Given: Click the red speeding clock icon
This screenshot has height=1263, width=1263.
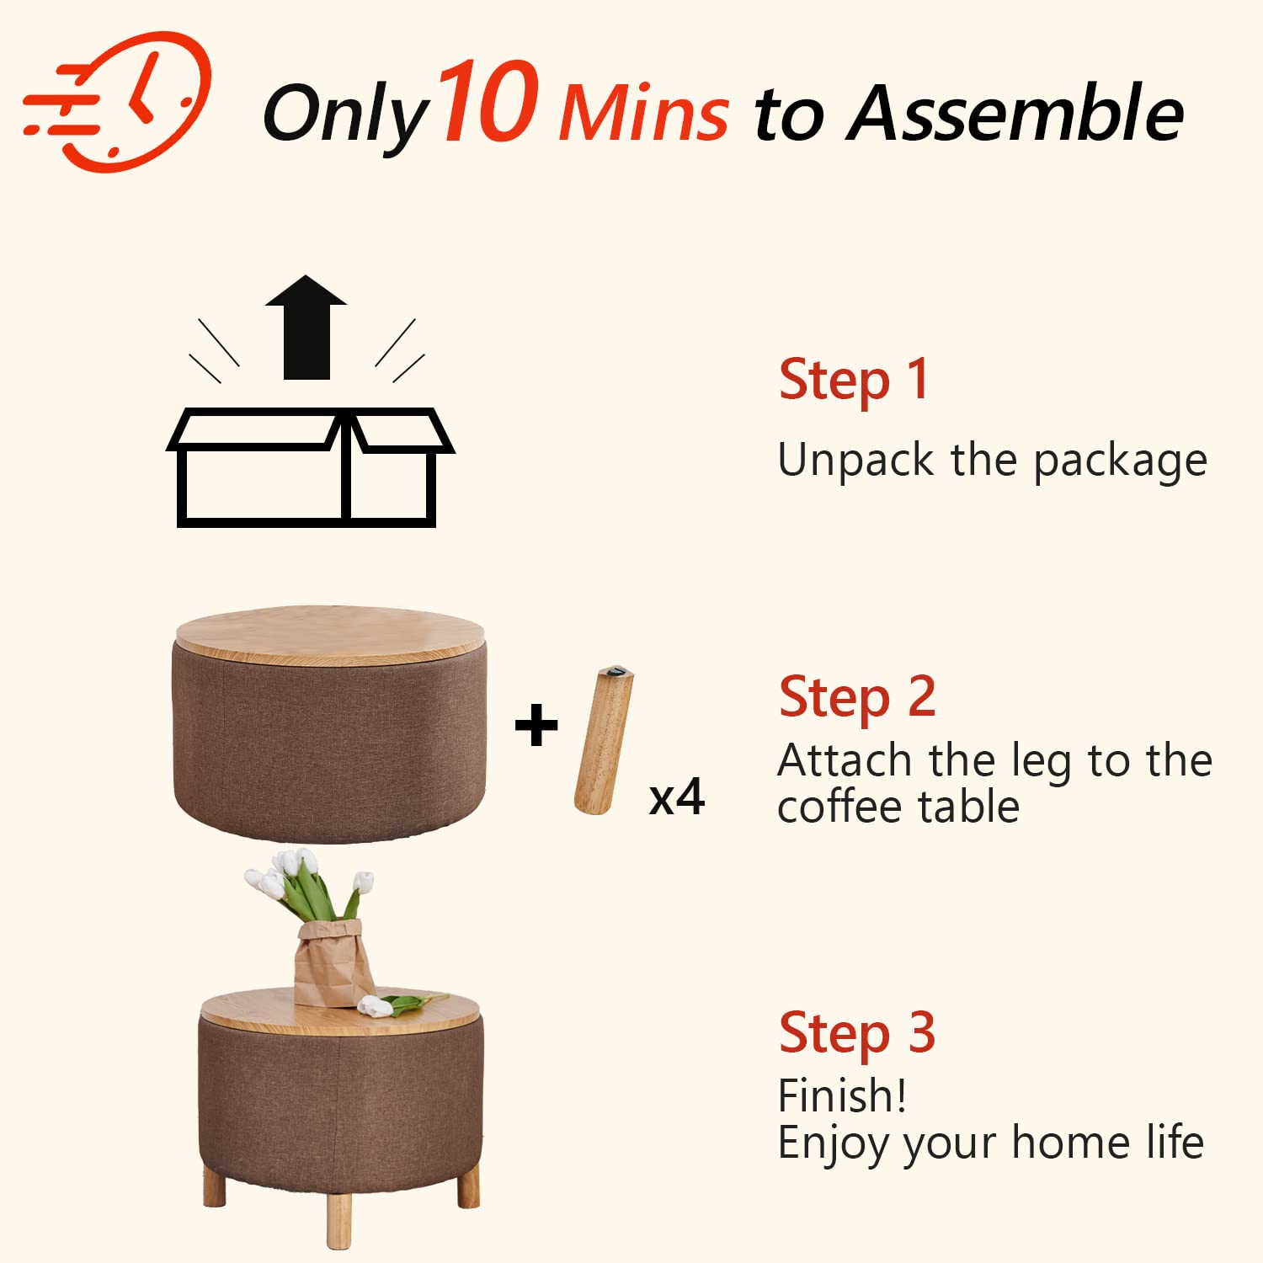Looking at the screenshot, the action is [118, 101].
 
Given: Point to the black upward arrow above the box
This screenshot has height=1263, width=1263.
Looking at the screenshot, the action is [306, 327].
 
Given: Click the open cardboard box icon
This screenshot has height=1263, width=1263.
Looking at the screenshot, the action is [310, 467].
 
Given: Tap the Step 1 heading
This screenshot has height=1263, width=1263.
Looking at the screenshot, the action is [854, 381].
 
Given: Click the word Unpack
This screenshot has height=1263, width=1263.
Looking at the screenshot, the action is [856, 461].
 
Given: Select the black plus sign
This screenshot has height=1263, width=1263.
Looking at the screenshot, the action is [536, 726].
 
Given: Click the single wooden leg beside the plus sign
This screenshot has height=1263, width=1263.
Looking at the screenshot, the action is [604, 740].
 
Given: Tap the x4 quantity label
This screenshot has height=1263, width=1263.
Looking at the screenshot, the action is [677, 797].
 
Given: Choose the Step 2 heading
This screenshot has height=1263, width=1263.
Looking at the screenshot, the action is [857, 698].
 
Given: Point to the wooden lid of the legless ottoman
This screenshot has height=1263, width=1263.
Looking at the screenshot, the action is [330, 635].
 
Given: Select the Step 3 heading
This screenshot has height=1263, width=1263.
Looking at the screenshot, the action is [857, 1033].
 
